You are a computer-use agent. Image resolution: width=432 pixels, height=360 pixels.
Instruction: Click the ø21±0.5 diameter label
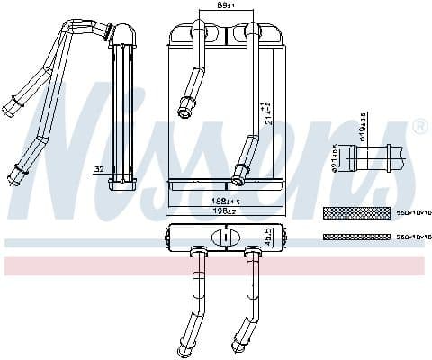(x=334, y=158)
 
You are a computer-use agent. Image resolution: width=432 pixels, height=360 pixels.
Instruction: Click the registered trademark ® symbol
(x=418, y=129)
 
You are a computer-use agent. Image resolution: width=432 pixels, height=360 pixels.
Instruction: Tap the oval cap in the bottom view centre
(x=221, y=238)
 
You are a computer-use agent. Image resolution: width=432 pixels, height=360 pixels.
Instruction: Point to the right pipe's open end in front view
(x=239, y=171)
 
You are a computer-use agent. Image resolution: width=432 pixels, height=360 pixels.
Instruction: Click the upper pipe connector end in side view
(x=13, y=96)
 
